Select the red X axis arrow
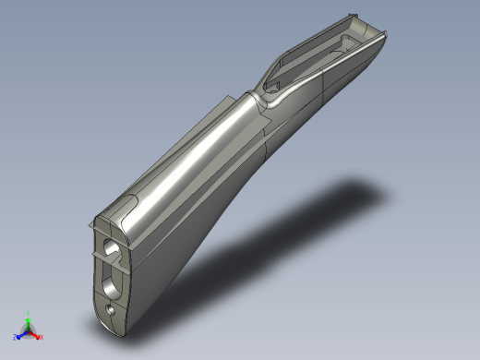[36, 335]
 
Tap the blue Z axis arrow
[22, 334]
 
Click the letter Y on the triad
[29, 314]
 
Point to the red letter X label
[42, 338]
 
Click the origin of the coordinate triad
[29, 331]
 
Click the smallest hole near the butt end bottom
[111, 311]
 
